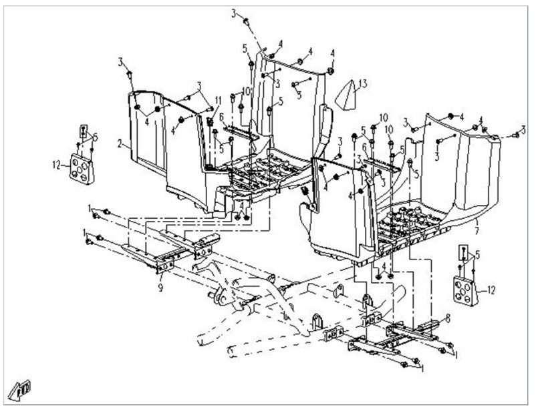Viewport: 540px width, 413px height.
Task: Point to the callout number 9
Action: (160, 288)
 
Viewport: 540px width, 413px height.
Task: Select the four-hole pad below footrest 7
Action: (465, 288)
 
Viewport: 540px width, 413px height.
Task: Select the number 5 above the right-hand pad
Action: (477, 254)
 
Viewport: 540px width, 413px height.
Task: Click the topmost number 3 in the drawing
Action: (234, 13)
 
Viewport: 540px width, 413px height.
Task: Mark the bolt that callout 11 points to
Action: (210, 122)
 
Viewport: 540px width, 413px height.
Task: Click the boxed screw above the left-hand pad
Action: (83, 129)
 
